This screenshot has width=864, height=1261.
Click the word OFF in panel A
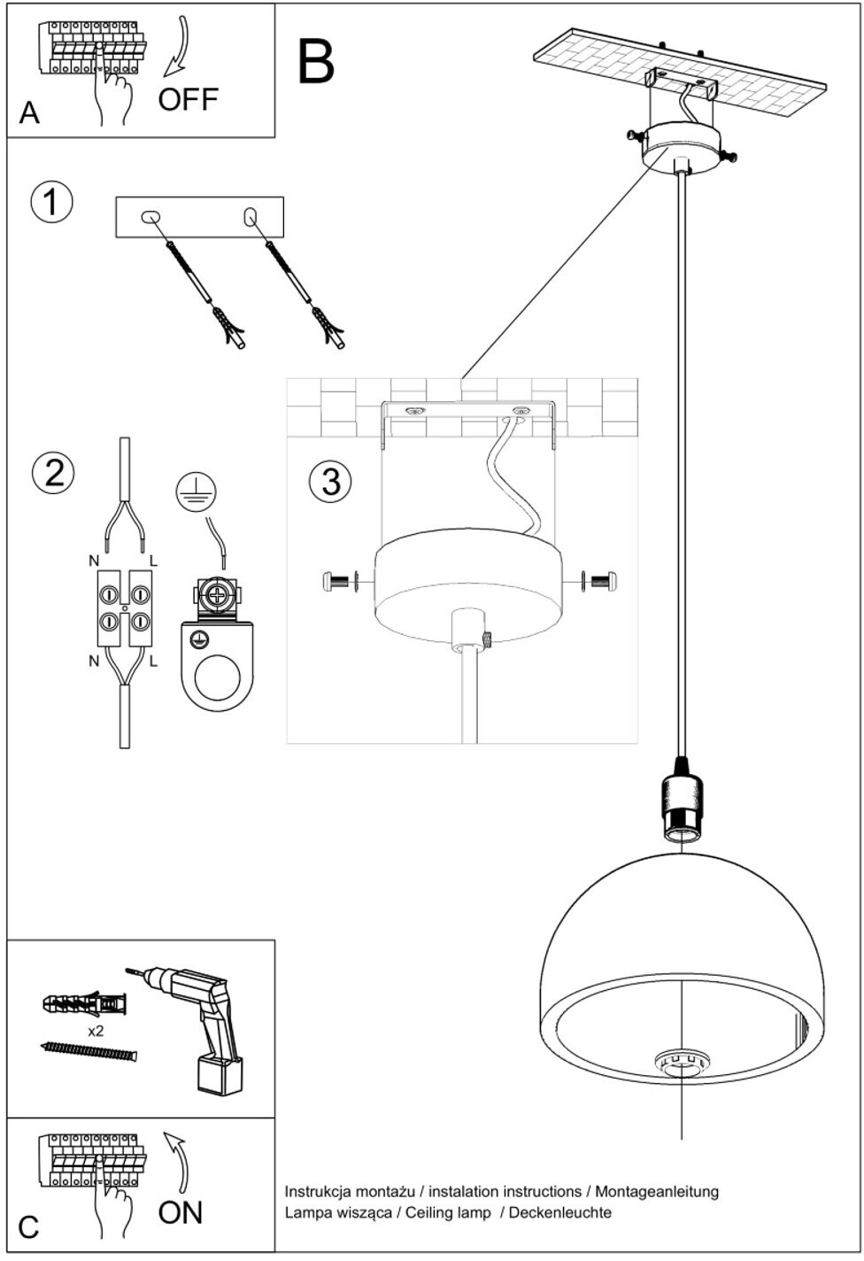click(x=188, y=100)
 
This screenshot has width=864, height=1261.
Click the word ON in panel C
click(x=180, y=1213)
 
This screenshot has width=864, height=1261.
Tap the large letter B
click(x=316, y=62)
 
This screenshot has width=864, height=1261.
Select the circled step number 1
click(x=51, y=202)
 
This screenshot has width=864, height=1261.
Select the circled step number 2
click(x=53, y=474)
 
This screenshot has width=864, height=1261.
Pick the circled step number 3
click(x=330, y=483)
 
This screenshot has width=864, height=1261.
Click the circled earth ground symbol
click(x=197, y=489)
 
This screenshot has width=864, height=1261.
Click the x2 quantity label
click(x=96, y=1032)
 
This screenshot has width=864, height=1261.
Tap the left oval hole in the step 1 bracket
click(x=150, y=217)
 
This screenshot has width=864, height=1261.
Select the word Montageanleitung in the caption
click(x=657, y=1192)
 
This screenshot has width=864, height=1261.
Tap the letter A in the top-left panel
click(x=29, y=112)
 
